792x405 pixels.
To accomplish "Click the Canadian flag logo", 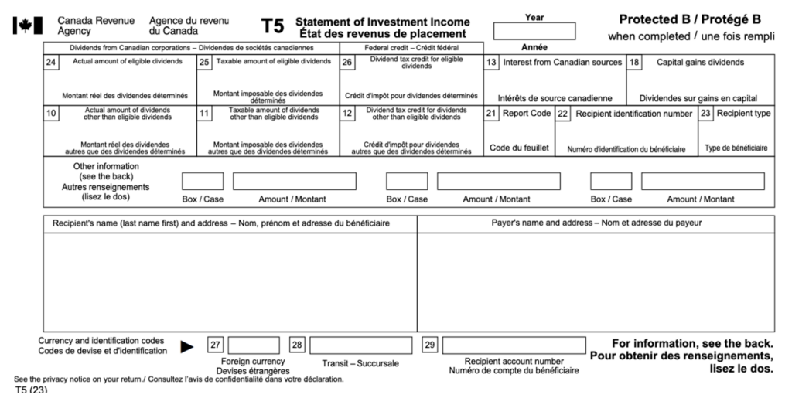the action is (28, 26).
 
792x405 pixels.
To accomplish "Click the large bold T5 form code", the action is (272, 27).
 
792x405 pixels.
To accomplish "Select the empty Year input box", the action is (534, 32).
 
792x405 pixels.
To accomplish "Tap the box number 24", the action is (51, 63).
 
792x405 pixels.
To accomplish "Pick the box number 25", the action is (204, 63).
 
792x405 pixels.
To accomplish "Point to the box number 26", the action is (347, 63).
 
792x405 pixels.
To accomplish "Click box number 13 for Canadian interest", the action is (491, 63).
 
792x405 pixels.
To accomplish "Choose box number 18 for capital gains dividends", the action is (634, 63).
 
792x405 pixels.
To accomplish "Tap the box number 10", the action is (51, 114).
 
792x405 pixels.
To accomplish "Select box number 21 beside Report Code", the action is (491, 114).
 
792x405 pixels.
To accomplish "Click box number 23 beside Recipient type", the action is (705, 114).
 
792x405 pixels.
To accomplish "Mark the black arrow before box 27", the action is (187, 347).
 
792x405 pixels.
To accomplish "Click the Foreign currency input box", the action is (254, 345).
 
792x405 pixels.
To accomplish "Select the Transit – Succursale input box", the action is (361, 345).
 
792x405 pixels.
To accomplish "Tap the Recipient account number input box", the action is (514, 345).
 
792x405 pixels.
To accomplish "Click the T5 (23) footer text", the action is (31, 390).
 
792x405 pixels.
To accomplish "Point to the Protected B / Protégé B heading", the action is (689, 19).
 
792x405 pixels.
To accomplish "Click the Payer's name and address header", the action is (596, 223).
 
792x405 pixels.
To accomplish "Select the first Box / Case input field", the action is (203, 182).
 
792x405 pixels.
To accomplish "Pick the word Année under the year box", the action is (534, 47).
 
